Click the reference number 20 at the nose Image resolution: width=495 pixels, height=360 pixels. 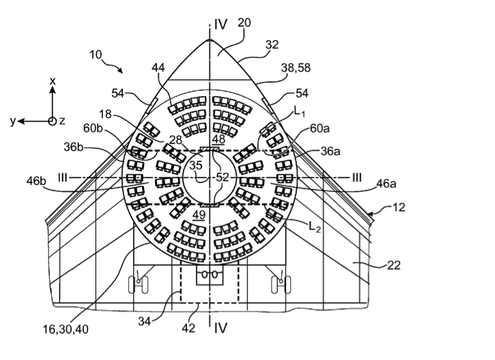coord(244,23)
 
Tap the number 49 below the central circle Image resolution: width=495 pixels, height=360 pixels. coord(199,215)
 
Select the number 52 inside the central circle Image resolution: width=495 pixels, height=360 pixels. coord(222,177)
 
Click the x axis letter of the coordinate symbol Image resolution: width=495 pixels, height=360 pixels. coord(53,81)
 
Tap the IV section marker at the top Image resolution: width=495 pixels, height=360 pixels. coord(220,24)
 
